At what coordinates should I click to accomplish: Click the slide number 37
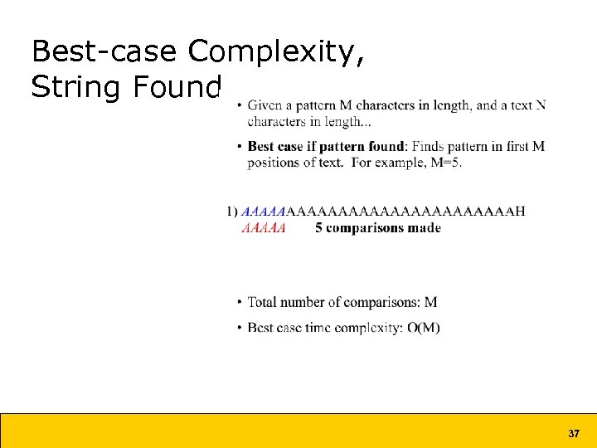573,434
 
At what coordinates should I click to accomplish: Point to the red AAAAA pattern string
263,228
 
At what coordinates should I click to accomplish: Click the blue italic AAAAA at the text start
263,212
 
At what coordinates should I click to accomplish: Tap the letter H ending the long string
520,212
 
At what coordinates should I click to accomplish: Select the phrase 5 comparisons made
378,228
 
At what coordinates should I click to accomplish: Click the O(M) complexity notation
424,328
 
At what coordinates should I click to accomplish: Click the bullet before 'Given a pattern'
240,105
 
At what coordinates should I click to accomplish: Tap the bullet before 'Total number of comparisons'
240,303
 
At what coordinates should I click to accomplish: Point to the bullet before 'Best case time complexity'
240,328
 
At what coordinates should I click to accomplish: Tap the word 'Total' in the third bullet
264,303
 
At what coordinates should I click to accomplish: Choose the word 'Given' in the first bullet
265,105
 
